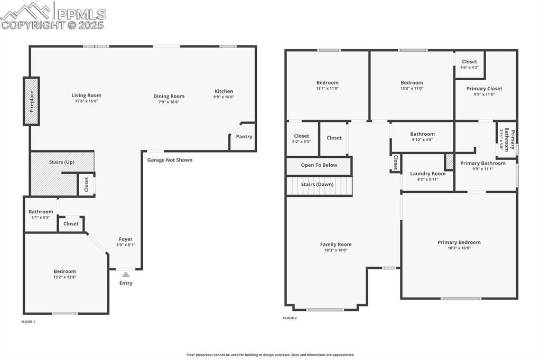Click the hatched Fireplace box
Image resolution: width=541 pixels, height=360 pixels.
(x=31, y=101)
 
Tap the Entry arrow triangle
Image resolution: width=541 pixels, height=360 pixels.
(x=126, y=274)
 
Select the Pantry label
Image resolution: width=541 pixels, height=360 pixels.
(x=244, y=137)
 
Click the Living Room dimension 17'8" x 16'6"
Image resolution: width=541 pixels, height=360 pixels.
(x=86, y=101)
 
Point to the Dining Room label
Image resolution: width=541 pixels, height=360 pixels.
(x=169, y=96)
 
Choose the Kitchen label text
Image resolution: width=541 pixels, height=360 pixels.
(x=223, y=91)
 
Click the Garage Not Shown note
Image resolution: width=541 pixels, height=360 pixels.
(x=170, y=160)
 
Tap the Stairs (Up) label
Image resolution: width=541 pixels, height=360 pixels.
(x=61, y=162)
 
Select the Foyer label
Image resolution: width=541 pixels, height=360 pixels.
(x=126, y=239)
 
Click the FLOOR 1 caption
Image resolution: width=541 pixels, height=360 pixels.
(x=28, y=321)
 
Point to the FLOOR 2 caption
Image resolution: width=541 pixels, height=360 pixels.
(x=290, y=318)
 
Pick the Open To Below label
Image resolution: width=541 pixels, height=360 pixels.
(x=319, y=165)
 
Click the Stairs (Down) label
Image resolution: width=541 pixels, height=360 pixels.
(x=317, y=184)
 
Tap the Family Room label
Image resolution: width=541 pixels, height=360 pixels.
(x=335, y=244)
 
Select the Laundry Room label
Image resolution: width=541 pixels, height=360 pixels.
(x=427, y=174)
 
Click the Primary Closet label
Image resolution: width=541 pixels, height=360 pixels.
(x=484, y=89)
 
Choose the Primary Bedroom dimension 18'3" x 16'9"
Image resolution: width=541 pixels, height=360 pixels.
(x=459, y=248)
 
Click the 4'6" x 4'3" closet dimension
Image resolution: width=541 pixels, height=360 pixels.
(x=469, y=68)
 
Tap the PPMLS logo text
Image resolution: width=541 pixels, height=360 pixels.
(x=81, y=14)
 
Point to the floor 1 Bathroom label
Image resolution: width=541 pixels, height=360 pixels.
(x=41, y=212)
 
